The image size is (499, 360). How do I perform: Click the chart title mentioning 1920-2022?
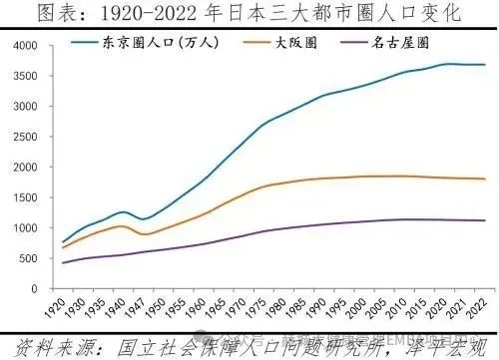point(249,13)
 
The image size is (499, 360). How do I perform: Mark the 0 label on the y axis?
point(34,288)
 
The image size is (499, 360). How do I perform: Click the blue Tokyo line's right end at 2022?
point(485,65)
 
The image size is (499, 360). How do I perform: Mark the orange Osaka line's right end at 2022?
point(485,179)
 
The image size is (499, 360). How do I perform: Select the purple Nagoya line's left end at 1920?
point(64,262)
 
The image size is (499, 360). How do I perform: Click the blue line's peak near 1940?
point(123,211)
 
